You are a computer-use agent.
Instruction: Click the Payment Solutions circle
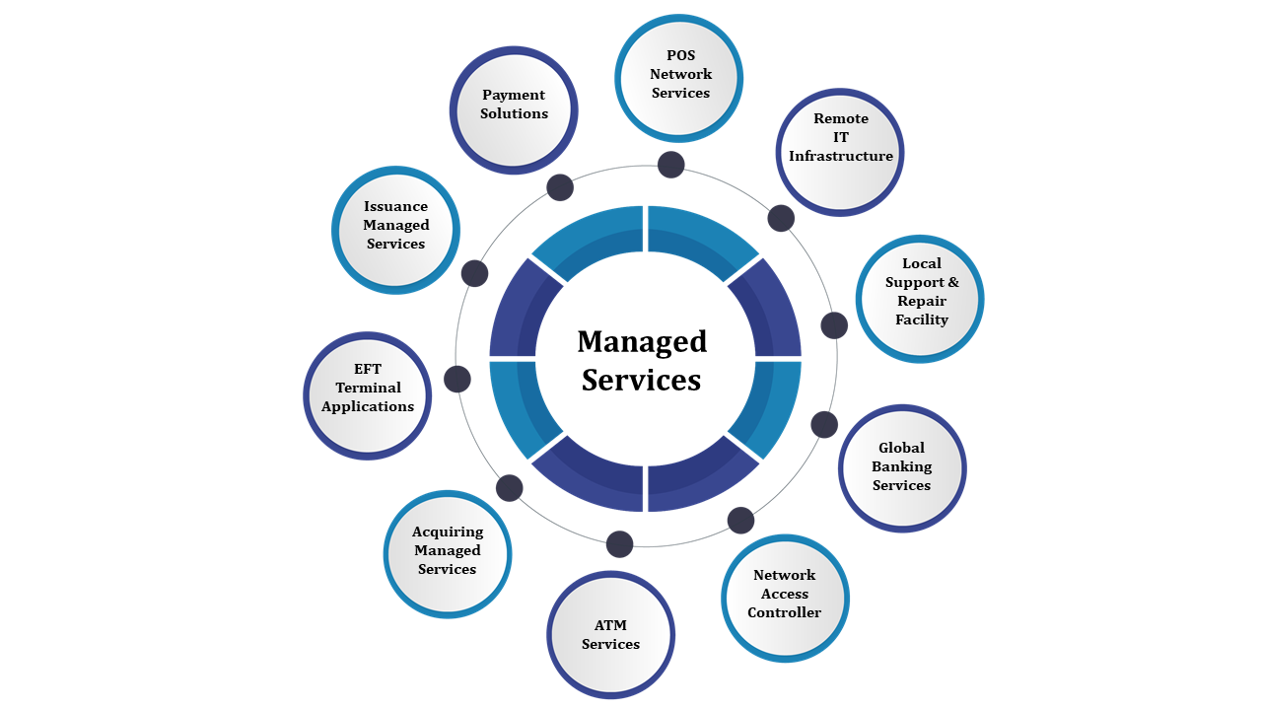[x=514, y=110]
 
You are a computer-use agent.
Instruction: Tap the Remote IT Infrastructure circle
[x=840, y=152]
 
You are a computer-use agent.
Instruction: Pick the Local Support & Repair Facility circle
[x=920, y=299]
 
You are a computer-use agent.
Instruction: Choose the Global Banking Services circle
[x=902, y=468]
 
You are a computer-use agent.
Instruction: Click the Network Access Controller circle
[x=785, y=599]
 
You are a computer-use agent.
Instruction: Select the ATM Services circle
[x=610, y=635]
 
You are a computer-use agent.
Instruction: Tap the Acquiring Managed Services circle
[x=448, y=554]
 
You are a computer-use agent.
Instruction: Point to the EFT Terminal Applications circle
[x=368, y=395]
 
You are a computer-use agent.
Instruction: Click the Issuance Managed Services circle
[x=396, y=230]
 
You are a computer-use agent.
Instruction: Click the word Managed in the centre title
[x=642, y=341]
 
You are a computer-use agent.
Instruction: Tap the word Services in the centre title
[x=641, y=380]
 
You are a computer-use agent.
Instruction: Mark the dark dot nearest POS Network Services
[x=671, y=165]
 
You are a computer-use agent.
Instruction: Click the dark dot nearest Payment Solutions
[x=560, y=187]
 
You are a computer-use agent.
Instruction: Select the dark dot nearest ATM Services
[x=619, y=544]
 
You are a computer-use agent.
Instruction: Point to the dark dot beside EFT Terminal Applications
[x=457, y=379]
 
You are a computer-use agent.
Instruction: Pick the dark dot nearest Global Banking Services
[x=824, y=425]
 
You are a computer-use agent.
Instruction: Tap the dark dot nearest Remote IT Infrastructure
[x=781, y=219]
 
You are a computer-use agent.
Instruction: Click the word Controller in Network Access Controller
[x=784, y=612]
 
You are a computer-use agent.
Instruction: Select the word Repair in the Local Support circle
[x=922, y=301]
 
